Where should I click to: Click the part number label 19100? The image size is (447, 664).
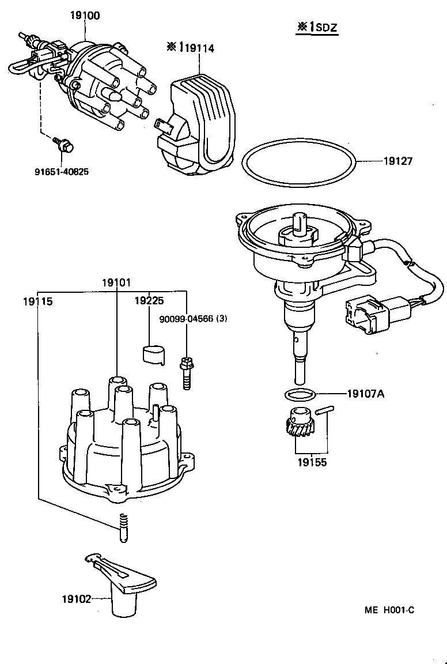(x=85, y=16)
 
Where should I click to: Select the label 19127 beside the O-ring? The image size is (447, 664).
(x=398, y=162)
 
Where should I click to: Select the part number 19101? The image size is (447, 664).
(x=116, y=283)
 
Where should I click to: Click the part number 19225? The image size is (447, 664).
(x=149, y=301)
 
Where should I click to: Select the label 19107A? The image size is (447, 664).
(x=365, y=394)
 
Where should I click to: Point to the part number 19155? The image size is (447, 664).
(x=312, y=462)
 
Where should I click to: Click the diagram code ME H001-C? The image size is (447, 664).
(x=389, y=610)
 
